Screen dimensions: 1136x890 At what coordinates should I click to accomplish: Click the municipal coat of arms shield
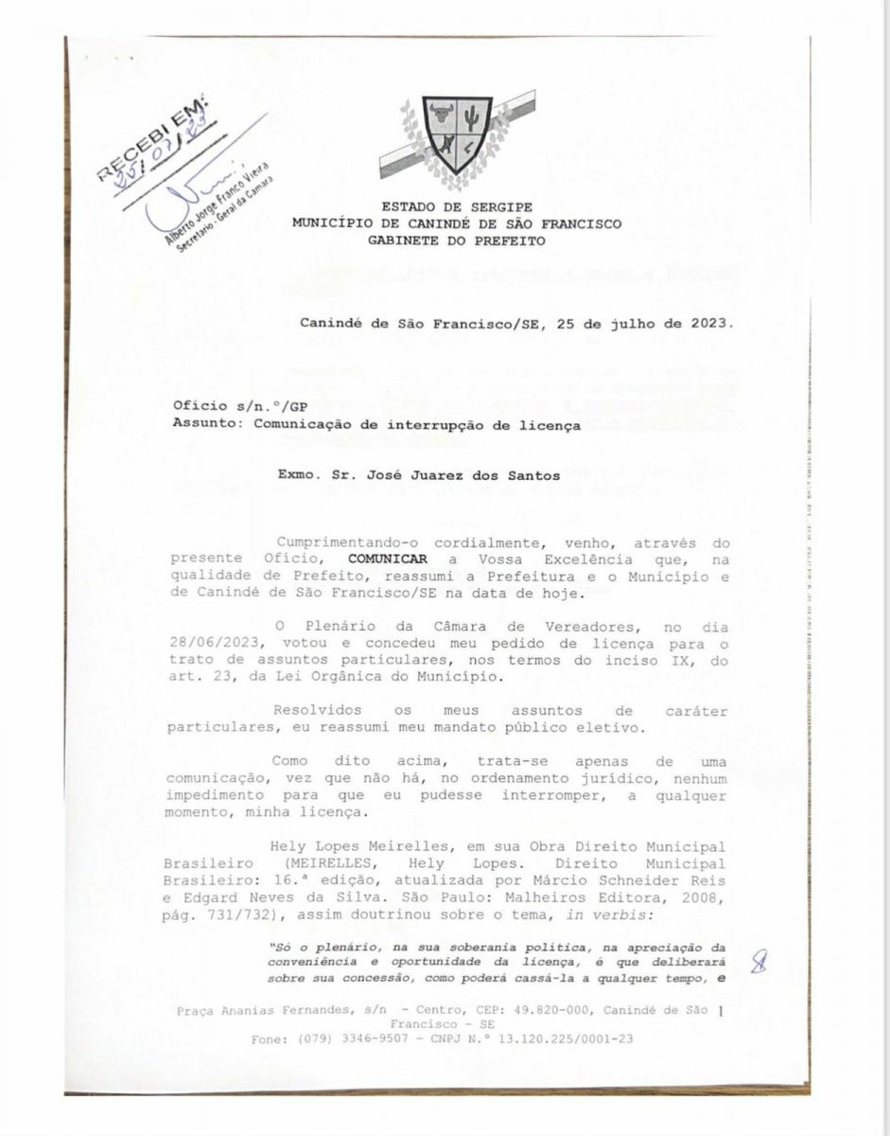[456, 133]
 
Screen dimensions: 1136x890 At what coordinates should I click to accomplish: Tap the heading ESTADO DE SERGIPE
[457, 206]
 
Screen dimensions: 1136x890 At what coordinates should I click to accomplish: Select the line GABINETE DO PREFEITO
[457, 241]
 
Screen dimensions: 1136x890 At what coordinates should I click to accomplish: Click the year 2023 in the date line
[710, 322]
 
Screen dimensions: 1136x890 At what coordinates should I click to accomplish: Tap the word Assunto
[205, 425]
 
